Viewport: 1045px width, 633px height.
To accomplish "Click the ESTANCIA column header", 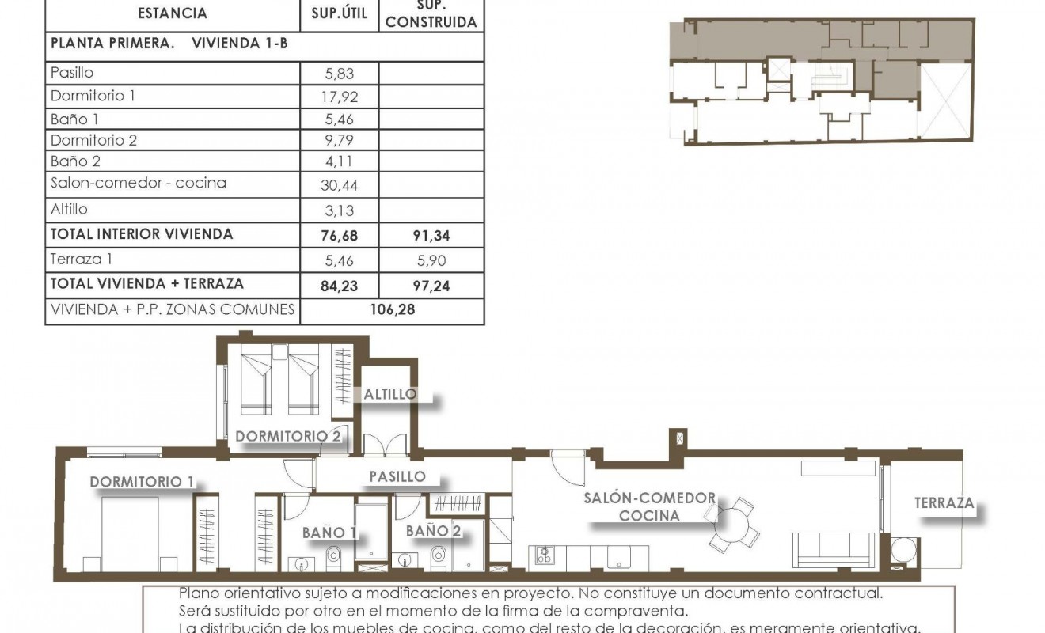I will click(x=172, y=13).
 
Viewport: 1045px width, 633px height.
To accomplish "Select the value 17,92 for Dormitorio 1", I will click(x=340, y=97).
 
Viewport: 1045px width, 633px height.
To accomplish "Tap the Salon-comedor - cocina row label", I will click(x=139, y=183).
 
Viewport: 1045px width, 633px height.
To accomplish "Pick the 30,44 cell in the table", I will click(x=340, y=184).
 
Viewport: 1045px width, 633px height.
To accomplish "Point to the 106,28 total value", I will click(x=393, y=309).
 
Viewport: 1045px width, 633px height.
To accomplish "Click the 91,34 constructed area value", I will click(x=431, y=235).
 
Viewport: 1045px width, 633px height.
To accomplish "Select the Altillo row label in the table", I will click(x=69, y=210).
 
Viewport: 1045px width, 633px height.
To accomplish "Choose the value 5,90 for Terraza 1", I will click(x=431, y=260).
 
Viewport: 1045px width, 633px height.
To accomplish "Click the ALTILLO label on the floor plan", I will click(x=389, y=394).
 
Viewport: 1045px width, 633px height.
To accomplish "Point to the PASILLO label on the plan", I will click(x=397, y=477).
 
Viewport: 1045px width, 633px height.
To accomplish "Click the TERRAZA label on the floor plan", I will click(x=944, y=503).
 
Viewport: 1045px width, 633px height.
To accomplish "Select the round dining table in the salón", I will click(x=731, y=524).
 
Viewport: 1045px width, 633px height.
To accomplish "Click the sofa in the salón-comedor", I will click(x=834, y=548).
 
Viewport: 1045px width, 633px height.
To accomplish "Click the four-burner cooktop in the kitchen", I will click(x=545, y=555).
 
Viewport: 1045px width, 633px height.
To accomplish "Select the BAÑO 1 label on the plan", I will click(x=329, y=533).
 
